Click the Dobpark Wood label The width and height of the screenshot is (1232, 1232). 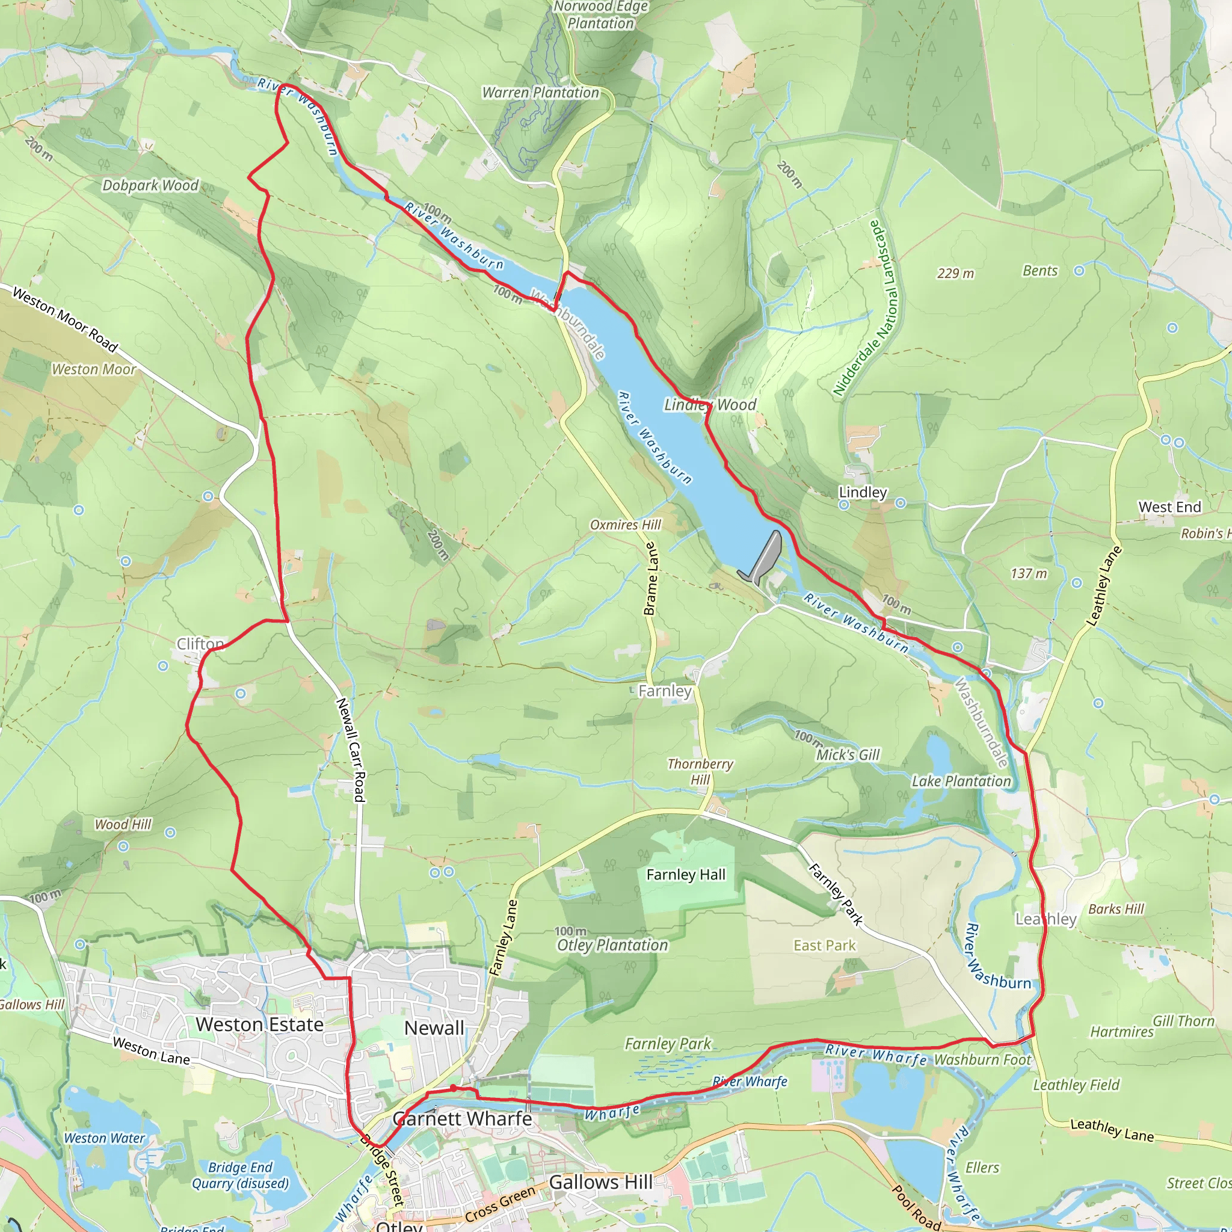[x=150, y=185]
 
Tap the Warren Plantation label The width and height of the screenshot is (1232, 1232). [x=540, y=93]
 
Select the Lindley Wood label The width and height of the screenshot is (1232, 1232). [x=710, y=405]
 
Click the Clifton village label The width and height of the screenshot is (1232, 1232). [x=200, y=644]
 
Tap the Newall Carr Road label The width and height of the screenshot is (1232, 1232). [x=351, y=750]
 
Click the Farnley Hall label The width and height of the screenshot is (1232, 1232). [x=686, y=874]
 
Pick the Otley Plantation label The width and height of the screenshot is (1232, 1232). [x=612, y=945]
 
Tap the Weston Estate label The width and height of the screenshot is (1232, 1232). [x=259, y=1024]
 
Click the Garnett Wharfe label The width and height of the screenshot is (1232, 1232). [x=463, y=1118]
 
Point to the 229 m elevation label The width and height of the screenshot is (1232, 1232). [x=955, y=274]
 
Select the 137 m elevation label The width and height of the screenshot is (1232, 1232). [x=1028, y=573]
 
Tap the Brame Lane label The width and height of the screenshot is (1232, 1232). [x=650, y=578]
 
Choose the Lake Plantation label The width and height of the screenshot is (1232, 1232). [x=961, y=781]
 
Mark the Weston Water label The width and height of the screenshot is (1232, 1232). [x=104, y=1138]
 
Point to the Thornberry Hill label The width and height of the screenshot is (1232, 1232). [x=700, y=772]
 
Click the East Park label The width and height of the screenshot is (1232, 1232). [x=824, y=945]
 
